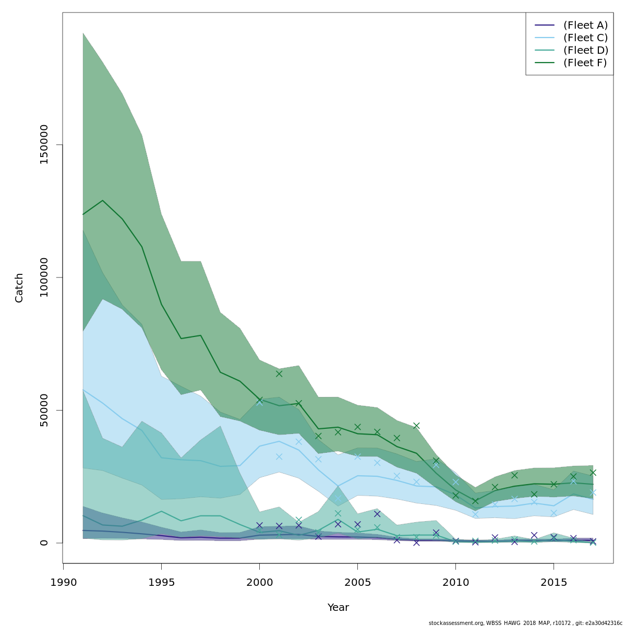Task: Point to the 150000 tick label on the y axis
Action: click(44, 145)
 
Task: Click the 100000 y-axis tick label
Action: click(44, 277)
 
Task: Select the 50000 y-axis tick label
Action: click(44, 410)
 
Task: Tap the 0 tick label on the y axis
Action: click(44, 543)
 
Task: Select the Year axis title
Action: click(338, 608)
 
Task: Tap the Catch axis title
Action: click(19, 287)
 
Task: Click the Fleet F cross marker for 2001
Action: click(279, 374)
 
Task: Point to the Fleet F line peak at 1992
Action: click(103, 200)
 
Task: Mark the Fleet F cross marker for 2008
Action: click(416, 426)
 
